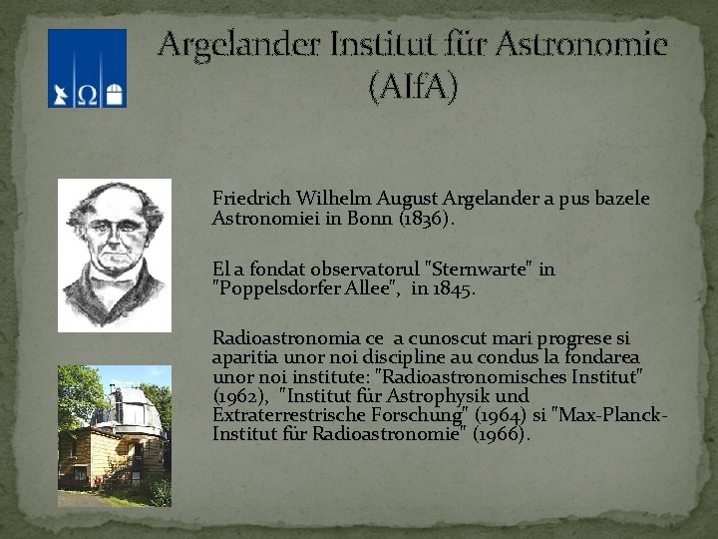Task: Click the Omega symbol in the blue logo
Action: point(87,94)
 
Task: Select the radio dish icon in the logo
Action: point(62,94)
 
